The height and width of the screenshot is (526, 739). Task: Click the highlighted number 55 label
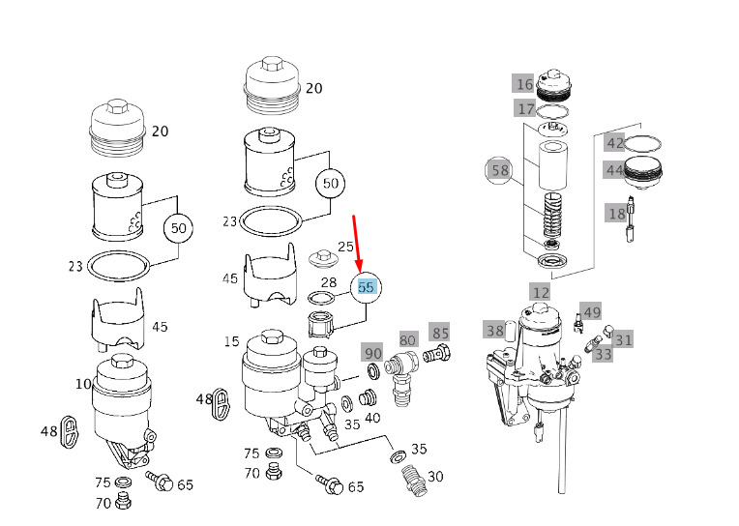366,287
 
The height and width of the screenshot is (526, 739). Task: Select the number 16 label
524,84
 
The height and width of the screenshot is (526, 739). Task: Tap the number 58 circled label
500,172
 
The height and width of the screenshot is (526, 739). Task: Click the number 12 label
540,292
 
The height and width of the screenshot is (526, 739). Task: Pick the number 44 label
615,170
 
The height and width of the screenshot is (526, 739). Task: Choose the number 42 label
615,143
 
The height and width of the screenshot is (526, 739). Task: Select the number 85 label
440,334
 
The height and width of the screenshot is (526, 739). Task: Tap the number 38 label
495,330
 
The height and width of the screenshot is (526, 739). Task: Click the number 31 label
624,339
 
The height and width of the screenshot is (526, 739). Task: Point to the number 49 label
592,312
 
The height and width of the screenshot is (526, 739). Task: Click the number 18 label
616,214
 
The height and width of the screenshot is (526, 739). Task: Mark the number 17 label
525,108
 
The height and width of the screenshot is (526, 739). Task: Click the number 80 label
408,340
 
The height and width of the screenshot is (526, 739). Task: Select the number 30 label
435,477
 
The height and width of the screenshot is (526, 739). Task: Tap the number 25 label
345,248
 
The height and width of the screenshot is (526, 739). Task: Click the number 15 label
232,341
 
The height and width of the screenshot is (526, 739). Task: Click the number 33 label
604,355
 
